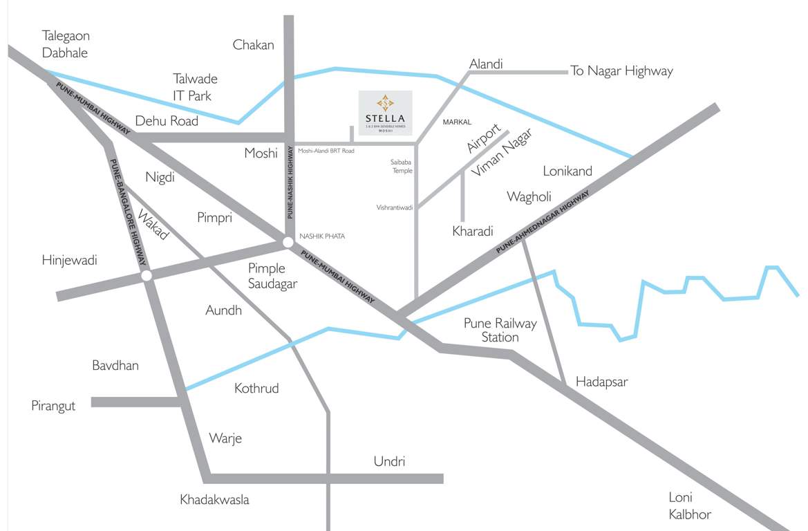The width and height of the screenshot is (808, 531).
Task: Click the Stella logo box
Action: click(385, 113)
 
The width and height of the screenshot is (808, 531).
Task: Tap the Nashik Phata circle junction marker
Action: click(287, 242)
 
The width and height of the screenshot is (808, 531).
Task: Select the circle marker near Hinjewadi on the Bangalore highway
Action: click(147, 276)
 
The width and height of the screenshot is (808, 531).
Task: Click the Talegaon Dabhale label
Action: click(65, 44)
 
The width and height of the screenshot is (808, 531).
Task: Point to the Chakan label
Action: click(253, 45)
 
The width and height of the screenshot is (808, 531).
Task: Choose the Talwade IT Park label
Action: click(194, 87)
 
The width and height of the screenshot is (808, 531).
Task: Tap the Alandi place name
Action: click(486, 64)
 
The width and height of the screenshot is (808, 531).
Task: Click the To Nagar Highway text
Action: click(621, 71)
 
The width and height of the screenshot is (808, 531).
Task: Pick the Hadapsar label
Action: click(601, 382)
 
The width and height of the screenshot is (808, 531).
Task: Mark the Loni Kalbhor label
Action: click(689, 505)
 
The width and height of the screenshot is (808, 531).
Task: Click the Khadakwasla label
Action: click(214, 499)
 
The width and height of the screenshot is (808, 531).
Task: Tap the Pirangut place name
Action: click(53, 406)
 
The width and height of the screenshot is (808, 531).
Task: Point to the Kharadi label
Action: click(472, 231)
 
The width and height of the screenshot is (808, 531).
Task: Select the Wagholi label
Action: click(529, 196)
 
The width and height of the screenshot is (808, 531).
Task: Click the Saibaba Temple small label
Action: click(402, 166)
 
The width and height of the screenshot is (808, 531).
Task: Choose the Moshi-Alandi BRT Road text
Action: click(326, 151)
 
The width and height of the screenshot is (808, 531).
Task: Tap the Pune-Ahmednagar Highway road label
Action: click(544, 221)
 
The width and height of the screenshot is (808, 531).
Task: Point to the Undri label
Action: click(389, 461)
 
